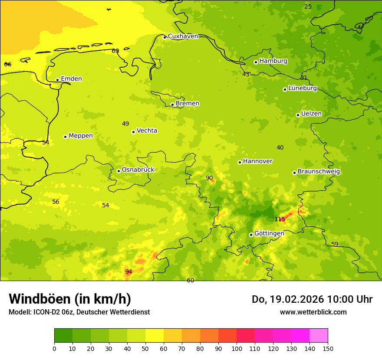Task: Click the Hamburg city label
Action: (x=273, y=61)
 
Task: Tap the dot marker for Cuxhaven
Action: (x=165, y=37)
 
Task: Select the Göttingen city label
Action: (x=269, y=233)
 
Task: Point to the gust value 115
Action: (x=280, y=219)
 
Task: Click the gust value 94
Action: (x=128, y=272)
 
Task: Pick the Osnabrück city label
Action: (x=138, y=170)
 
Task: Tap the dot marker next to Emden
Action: (x=57, y=80)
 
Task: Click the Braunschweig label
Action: (x=319, y=172)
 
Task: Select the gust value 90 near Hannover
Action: (x=209, y=178)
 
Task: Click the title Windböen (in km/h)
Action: (x=70, y=299)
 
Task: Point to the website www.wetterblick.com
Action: (x=313, y=312)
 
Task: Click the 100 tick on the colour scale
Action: (x=237, y=348)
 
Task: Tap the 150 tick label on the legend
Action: (x=328, y=348)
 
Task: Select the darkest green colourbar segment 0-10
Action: (x=63, y=335)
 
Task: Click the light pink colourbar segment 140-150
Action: (x=319, y=335)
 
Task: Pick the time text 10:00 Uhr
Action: (x=350, y=299)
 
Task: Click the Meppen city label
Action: (x=81, y=136)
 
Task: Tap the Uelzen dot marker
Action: (x=298, y=115)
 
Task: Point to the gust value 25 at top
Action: (x=308, y=7)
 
